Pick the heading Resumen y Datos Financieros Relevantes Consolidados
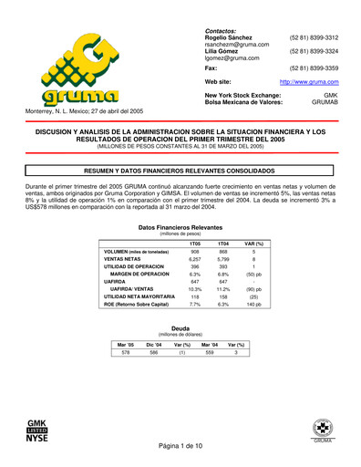[180, 170]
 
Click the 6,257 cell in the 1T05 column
[194, 262]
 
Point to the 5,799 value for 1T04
[222, 262]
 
